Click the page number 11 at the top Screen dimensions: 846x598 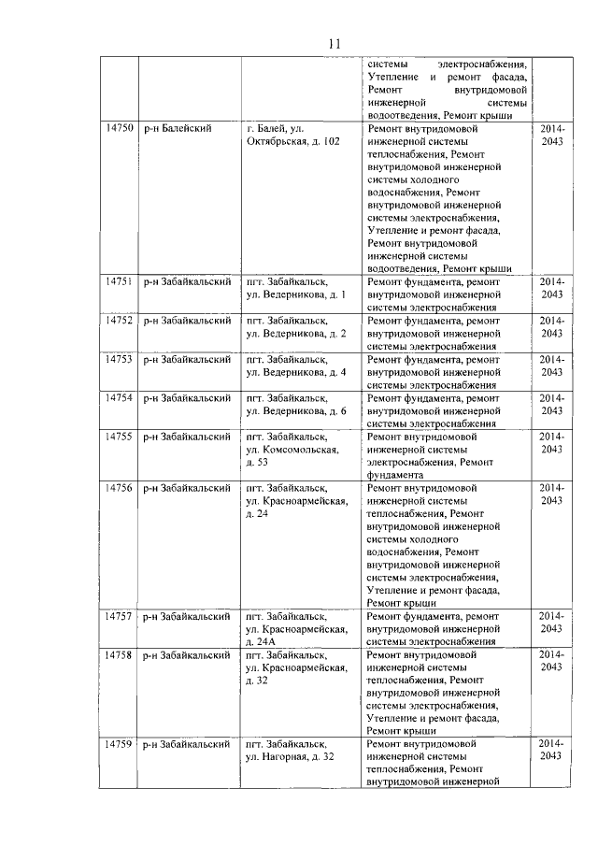point(336,43)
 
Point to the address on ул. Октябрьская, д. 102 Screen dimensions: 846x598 point(292,134)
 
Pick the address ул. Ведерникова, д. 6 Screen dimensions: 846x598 point(295,404)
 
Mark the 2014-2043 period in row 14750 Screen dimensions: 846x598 point(552,134)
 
